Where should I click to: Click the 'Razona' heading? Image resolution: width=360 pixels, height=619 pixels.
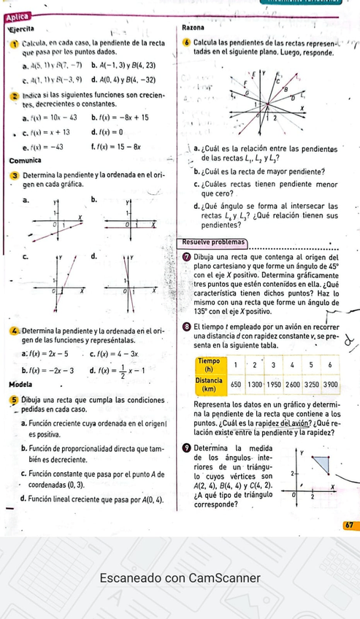pos(194,27)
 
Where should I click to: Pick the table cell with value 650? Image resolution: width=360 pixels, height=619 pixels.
pos(236,383)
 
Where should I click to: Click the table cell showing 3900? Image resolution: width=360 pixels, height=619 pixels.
pos(331,383)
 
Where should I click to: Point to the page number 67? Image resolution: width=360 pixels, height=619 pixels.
pos(348,526)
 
